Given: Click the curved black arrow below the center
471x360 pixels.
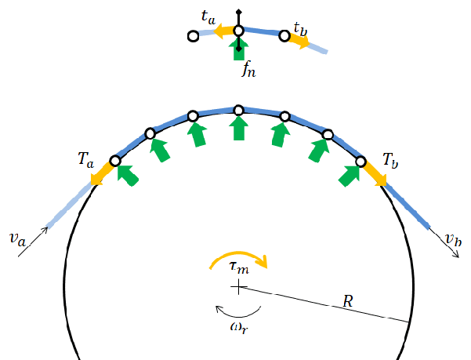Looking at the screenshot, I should pos(239,311).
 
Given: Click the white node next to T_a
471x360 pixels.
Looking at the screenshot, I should pos(115,161).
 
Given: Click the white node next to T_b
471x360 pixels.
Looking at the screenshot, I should pos(360,162).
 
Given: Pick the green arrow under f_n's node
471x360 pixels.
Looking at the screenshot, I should pos(238,49).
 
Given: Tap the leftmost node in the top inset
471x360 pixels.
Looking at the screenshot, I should pos(193,36).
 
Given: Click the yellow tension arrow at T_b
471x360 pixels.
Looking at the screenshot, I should pos(375,176).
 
